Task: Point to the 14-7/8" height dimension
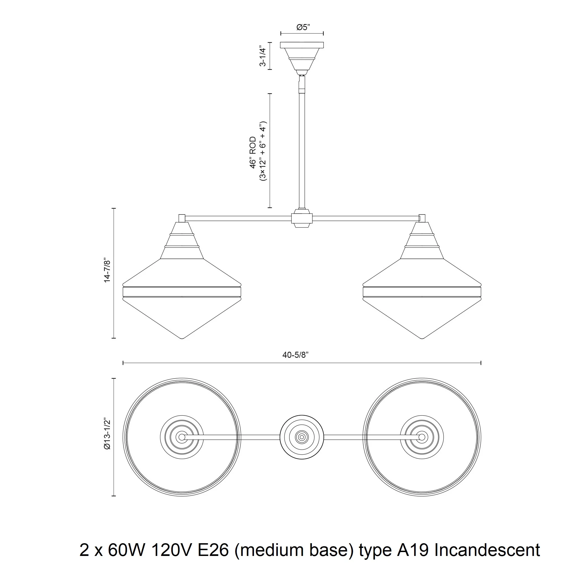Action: [x=107, y=270]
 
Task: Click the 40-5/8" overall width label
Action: [x=296, y=355]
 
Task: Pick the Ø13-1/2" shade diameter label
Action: [x=107, y=435]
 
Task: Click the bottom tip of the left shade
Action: [x=182, y=338]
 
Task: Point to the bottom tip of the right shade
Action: [x=422, y=338]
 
